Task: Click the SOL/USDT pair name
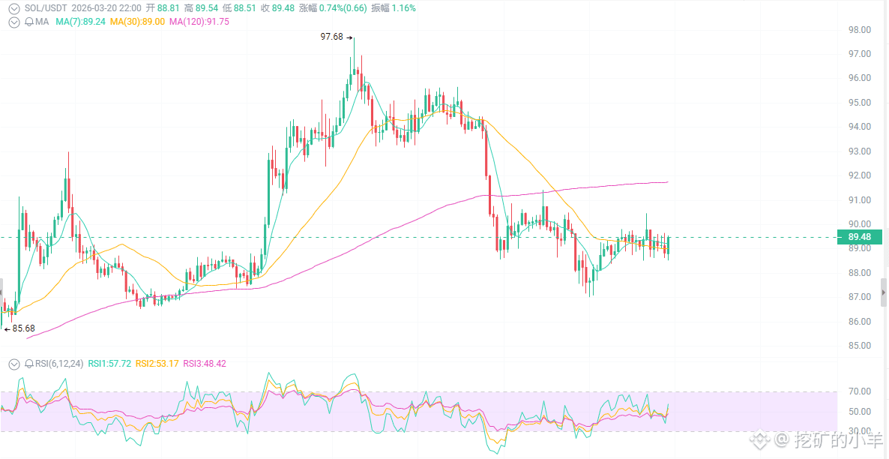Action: [46, 8]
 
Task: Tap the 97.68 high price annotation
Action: [331, 37]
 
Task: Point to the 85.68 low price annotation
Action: [23, 328]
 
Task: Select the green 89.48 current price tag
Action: [860, 237]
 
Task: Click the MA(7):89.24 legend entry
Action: [80, 22]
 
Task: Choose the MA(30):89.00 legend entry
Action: [137, 22]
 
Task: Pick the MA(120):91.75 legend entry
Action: [199, 22]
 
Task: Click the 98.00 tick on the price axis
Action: [859, 30]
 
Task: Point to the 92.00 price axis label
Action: [859, 175]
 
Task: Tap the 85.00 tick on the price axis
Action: [859, 346]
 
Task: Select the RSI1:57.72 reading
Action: [109, 364]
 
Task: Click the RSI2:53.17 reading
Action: [157, 364]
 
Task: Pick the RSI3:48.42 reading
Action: [205, 364]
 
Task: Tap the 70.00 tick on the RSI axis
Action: [859, 391]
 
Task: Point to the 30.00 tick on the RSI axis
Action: [859, 431]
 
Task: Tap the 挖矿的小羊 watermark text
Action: [839, 440]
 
